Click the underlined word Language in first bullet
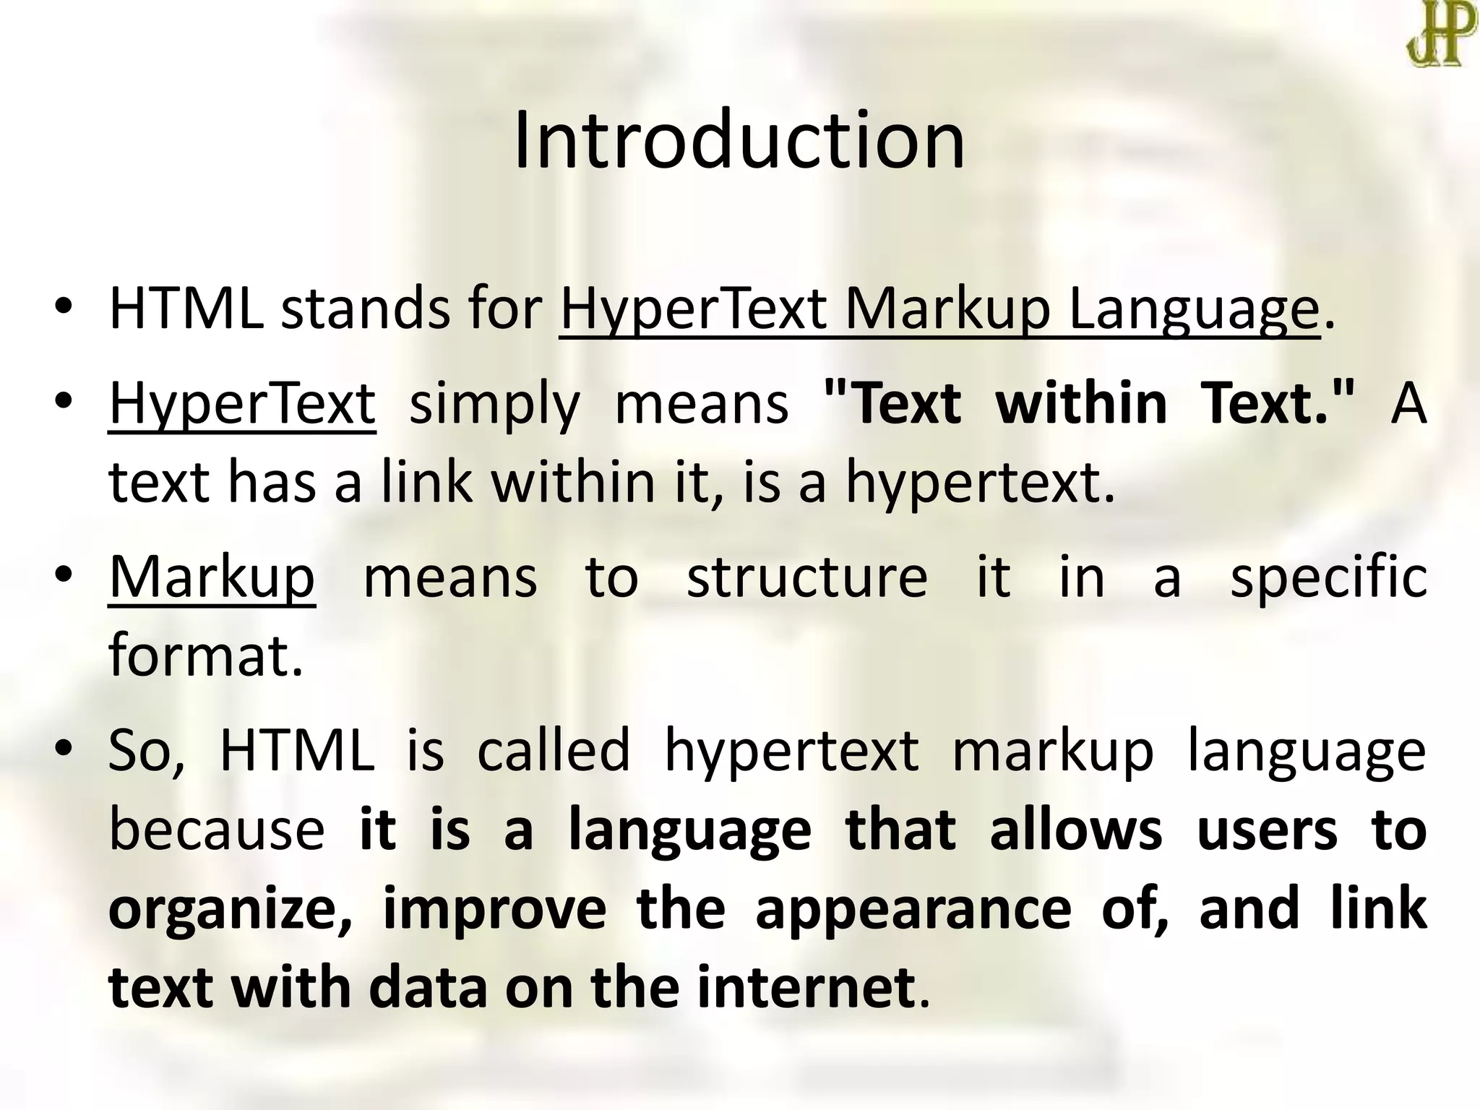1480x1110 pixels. pos(1194,311)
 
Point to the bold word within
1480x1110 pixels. pos(1081,403)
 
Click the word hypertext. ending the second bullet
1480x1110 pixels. pos(980,483)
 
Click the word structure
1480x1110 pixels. pos(806,577)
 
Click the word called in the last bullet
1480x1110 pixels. pos(554,750)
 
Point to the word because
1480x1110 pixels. pos(217,830)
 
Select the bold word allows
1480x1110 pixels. pos(1075,830)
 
